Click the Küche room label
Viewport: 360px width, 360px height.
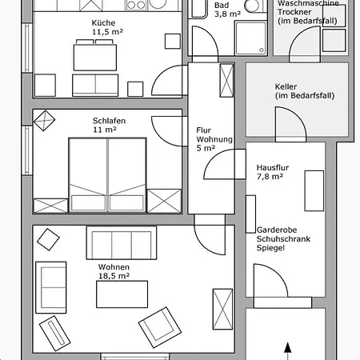point(103,22)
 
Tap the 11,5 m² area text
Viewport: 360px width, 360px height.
point(107,32)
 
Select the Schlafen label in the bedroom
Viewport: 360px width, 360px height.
point(109,121)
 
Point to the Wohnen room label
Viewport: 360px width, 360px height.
point(114,267)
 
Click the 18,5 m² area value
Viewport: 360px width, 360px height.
point(114,276)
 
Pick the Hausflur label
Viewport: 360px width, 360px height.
point(273,168)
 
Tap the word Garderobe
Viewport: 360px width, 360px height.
point(277,230)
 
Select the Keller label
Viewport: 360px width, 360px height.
point(286,86)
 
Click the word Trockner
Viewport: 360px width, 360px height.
point(294,12)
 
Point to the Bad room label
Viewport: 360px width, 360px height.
point(222,6)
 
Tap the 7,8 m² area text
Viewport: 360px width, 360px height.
point(270,177)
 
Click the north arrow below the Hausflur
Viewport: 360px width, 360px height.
point(287,351)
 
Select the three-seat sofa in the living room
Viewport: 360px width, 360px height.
point(122,242)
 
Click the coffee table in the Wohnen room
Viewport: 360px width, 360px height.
point(122,294)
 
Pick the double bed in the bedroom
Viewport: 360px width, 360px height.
point(107,175)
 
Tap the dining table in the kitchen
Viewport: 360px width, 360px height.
point(95,58)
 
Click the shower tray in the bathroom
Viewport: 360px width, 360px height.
point(250,38)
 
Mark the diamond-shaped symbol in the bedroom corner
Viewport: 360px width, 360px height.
point(44,121)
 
